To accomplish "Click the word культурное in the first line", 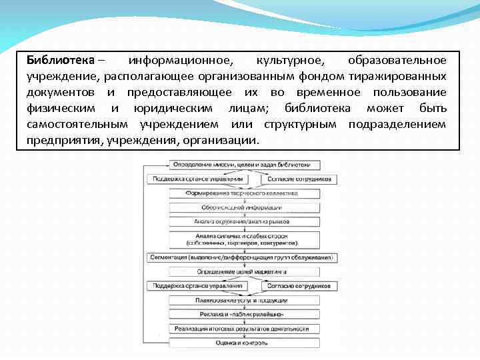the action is tap(290, 60).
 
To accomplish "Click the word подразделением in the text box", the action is tap(397, 124).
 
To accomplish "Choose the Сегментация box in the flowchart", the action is tap(242, 257).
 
